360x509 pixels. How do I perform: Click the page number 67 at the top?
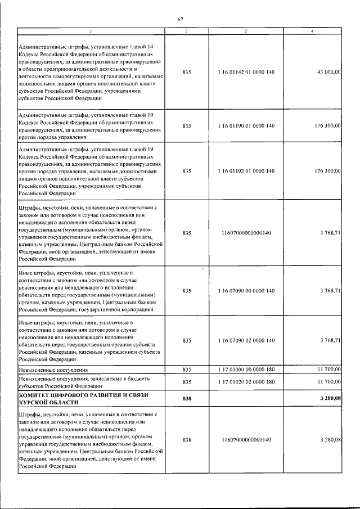tap(180, 20)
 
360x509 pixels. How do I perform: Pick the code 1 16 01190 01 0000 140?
tap(245, 125)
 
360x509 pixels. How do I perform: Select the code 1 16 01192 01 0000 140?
tap(245, 170)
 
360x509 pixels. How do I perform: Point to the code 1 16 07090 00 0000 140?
tap(245, 290)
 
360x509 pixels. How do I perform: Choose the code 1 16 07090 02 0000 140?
tap(245, 340)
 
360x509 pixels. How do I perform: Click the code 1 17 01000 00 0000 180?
tap(245, 370)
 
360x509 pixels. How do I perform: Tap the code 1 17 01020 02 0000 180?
tap(245, 382)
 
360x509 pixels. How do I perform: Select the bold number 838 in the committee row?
tap(187, 398)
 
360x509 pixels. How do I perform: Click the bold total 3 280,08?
tap(329, 398)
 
